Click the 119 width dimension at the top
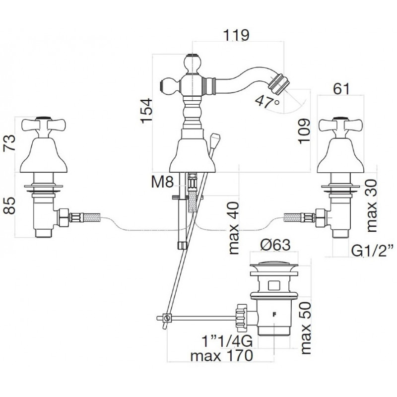(236, 35)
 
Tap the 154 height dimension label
(146, 111)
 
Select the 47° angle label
(267, 102)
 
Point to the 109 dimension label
(304, 131)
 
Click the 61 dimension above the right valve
(341, 89)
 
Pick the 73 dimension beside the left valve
(9, 143)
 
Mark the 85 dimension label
(9, 205)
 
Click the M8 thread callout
(162, 182)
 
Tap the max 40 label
(233, 228)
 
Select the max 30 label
(371, 205)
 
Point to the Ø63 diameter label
(275, 245)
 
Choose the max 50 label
(305, 328)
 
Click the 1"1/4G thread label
(227, 341)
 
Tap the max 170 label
(221, 356)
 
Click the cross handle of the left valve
(44, 126)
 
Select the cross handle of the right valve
(340, 126)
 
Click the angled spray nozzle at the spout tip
(277, 81)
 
